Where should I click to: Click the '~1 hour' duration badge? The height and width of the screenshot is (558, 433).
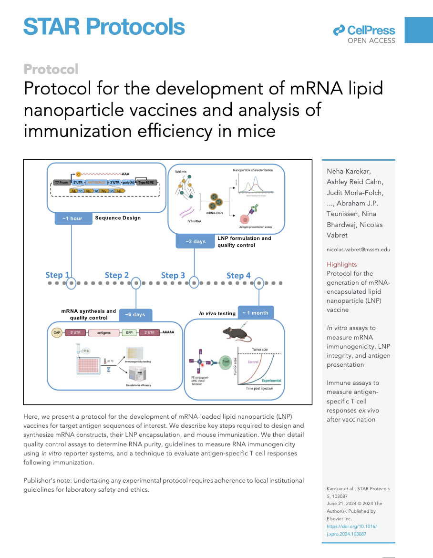[x=72, y=218]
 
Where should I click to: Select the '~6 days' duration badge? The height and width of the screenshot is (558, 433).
[x=135, y=315]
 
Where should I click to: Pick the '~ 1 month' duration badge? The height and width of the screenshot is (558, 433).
[x=255, y=313]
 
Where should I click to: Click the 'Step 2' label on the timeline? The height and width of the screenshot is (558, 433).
[x=116, y=275]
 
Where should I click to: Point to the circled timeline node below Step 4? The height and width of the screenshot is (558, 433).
[x=259, y=283]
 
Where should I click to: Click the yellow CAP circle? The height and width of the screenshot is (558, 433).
[x=57, y=332]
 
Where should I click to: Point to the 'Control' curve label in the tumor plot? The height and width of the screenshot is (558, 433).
[x=253, y=362]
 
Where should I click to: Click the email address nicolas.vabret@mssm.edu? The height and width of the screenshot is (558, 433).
[x=358, y=249]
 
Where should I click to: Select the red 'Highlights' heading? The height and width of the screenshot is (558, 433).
[x=341, y=264]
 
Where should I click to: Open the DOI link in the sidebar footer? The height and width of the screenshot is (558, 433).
[x=351, y=530]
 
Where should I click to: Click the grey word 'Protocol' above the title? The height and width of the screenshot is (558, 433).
[x=51, y=69]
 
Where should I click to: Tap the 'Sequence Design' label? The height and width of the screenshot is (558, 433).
[x=118, y=218]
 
